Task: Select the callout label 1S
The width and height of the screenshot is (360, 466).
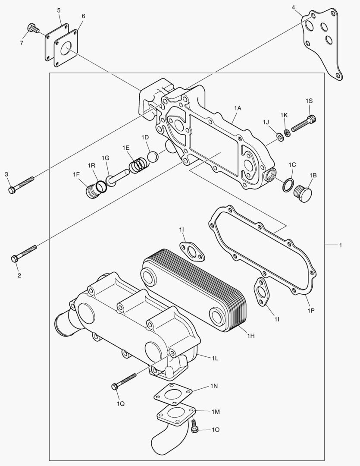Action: coord(309,101)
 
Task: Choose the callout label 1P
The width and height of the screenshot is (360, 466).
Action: coord(311,310)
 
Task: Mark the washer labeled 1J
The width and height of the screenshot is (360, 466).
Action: coord(279,138)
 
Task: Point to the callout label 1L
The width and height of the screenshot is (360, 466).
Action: coord(215,358)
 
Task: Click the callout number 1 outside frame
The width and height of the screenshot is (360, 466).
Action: coord(340,245)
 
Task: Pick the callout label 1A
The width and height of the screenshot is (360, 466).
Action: coord(238,107)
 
